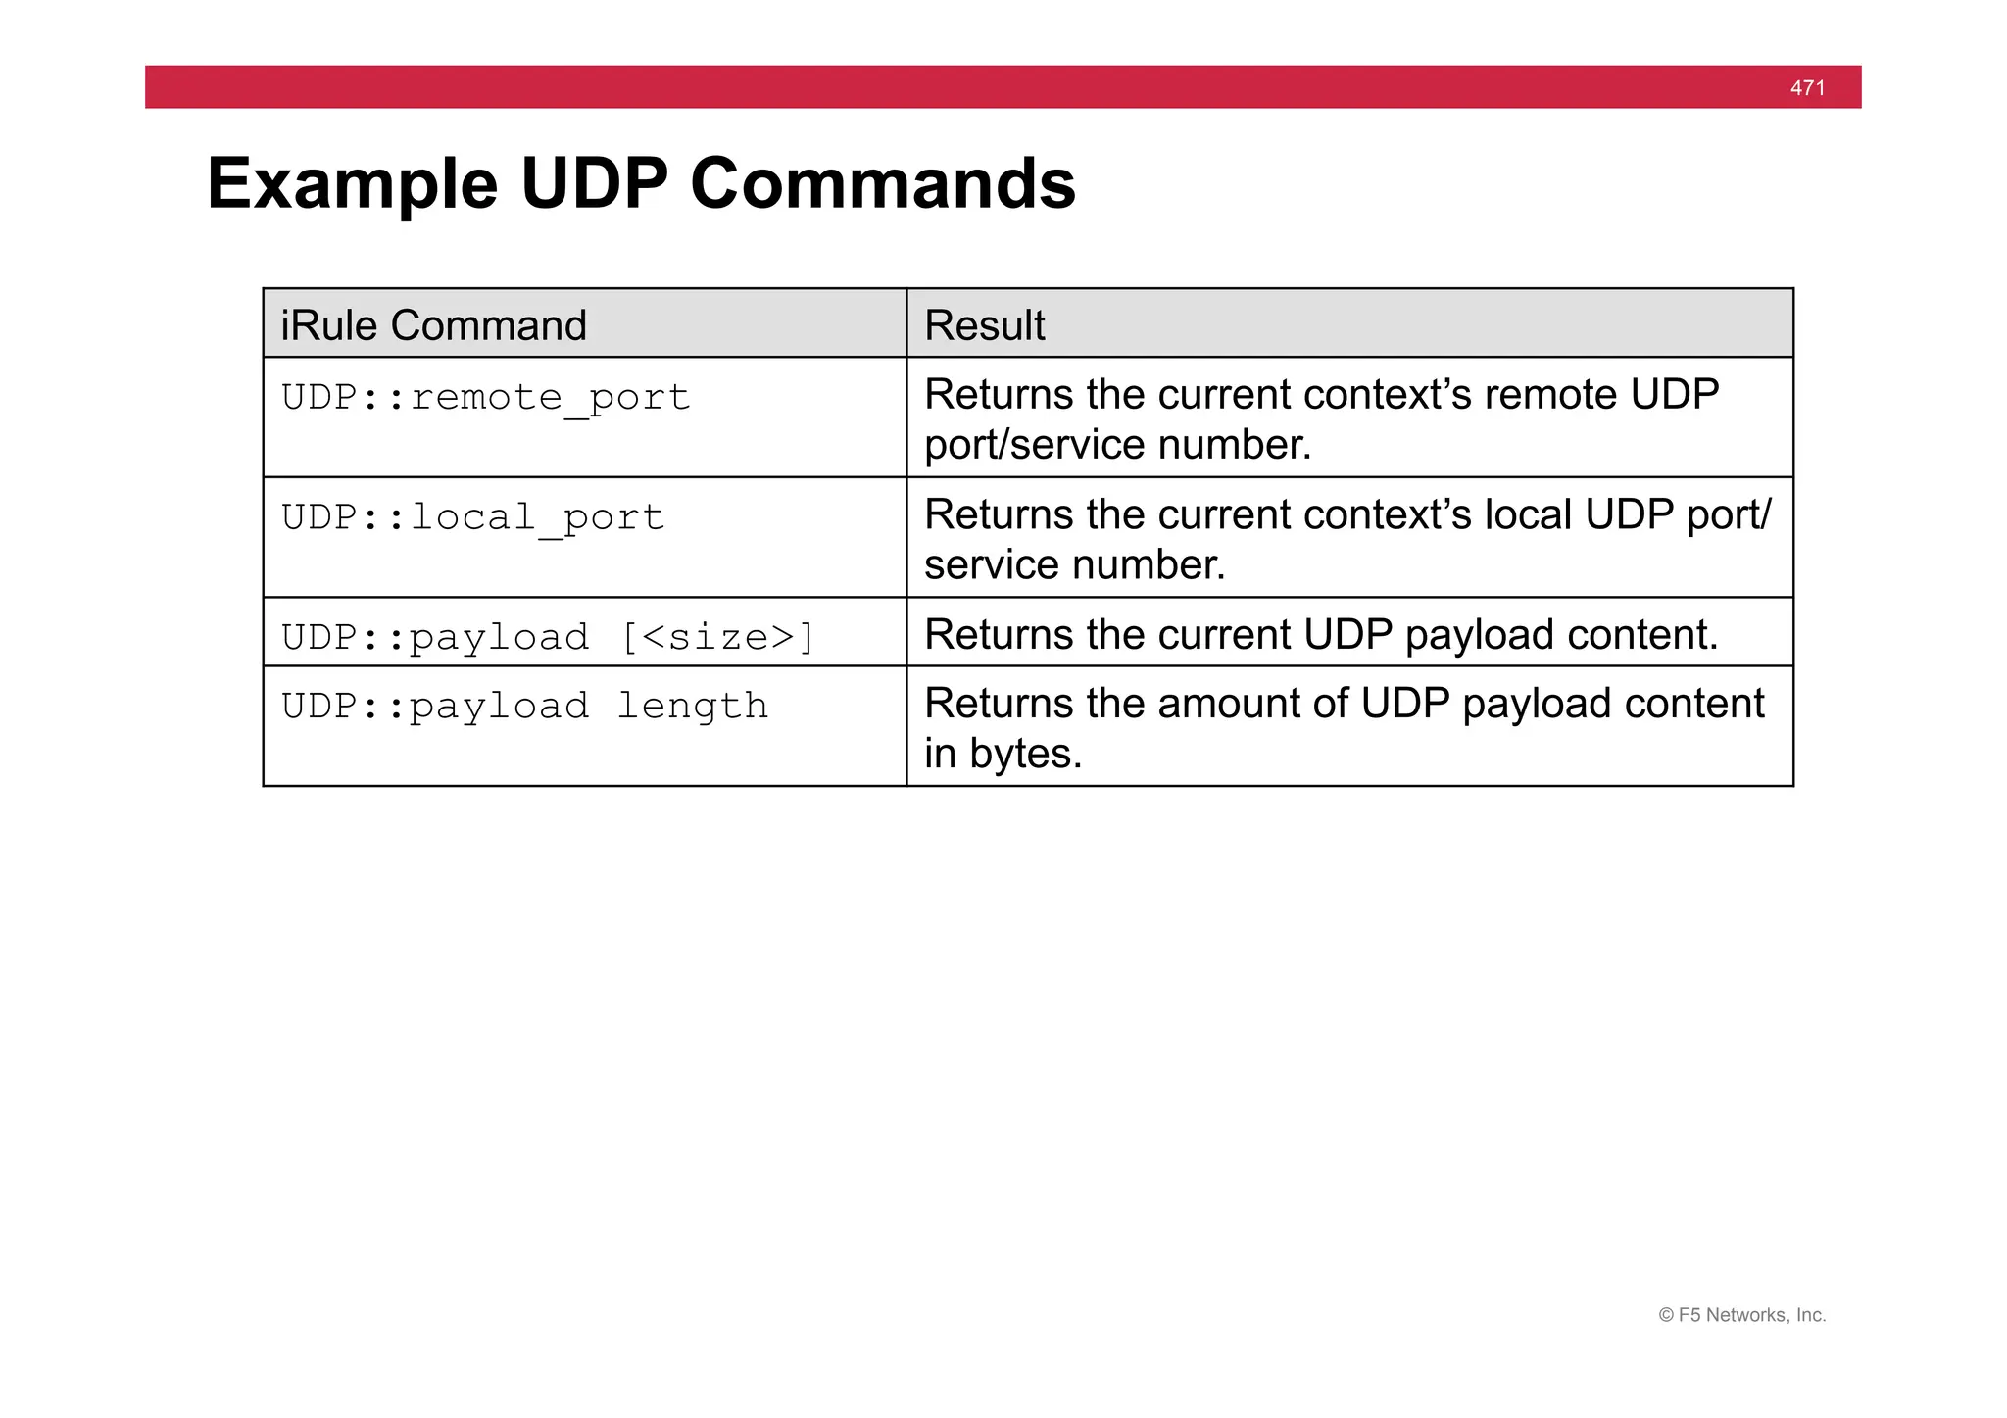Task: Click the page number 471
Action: (x=1807, y=88)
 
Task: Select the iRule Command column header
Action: (x=433, y=325)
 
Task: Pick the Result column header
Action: (x=984, y=325)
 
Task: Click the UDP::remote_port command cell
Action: (x=485, y=398)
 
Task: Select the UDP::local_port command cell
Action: (x=472, y=517)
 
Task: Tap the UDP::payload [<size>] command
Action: (x=547, y=637)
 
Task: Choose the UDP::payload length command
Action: (x=524, y=707)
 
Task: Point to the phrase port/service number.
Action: (x=1117, y=445)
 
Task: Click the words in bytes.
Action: (x=1003, y=754)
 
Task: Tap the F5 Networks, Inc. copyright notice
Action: (x=1741, y=1315)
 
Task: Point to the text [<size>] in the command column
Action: (x=717, y=637)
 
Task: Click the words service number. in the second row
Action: (x=1074, y=565)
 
